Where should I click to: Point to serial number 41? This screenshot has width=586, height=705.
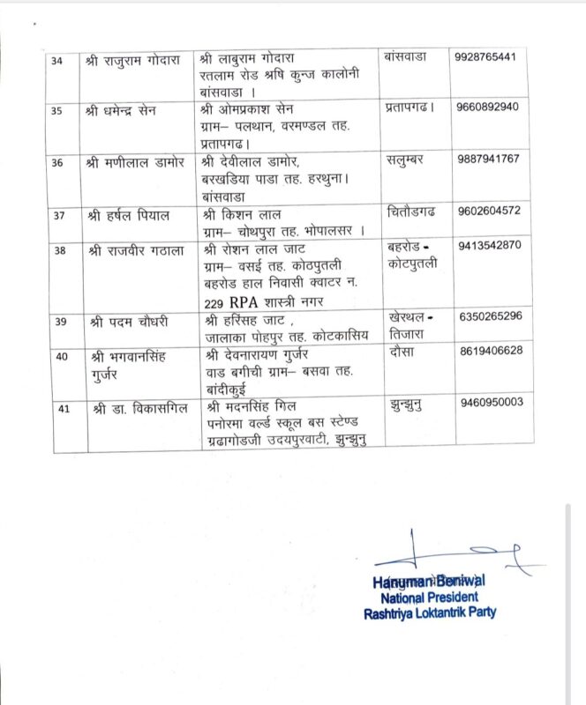point(60,408)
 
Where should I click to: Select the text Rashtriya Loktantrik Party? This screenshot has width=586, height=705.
point(429,612)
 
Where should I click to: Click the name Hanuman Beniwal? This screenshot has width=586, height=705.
point(429,581)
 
